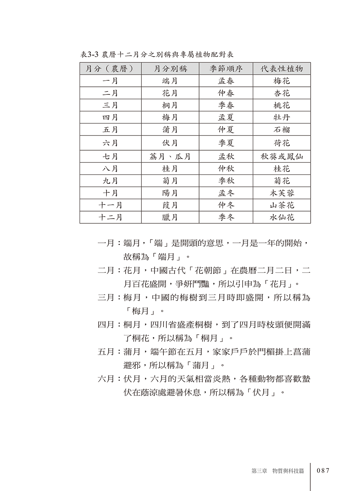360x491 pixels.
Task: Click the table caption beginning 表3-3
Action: [x=157, y=55]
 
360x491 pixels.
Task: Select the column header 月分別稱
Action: [x=170, y=69]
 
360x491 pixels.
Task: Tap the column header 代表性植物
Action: [x=282, y=69]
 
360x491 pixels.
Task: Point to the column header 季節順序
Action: [x=226, y=69]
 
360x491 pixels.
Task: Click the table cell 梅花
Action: [x=282, y=81]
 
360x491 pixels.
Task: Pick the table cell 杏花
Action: [x=282, y=93]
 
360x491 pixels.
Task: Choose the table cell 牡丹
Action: [x=282, y=117]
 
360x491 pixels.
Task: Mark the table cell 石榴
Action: [x=282, y=130]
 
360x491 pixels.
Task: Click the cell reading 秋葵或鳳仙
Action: [x=282, y=157]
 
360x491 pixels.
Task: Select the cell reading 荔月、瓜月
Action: [x=170, y=157]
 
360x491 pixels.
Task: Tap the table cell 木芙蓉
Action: [x=282, y=193]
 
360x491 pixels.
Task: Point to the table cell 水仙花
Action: [x=282, y=217]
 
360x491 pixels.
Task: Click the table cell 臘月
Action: [x=170, y=217]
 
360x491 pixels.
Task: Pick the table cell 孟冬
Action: [x=226, y=193]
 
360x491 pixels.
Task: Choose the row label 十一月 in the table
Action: [x=111, y=205]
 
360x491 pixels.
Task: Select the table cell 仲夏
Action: [x=226, y=130]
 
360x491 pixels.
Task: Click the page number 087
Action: [x=323, y=470]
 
